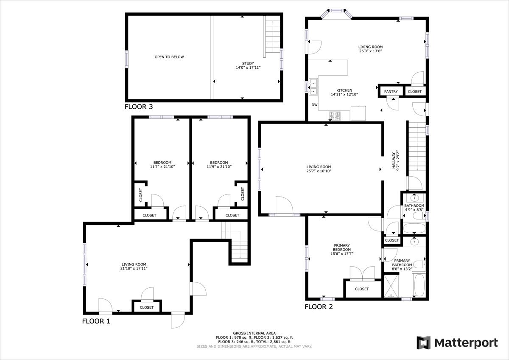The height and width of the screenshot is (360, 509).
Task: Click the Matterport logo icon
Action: [423, 343]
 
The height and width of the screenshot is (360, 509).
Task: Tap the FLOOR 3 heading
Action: [138, 107]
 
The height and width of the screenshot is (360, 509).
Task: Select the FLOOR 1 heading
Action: [96, 321]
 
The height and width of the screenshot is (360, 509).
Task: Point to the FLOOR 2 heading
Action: [319, 307]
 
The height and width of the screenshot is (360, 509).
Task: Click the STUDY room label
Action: [248, 63]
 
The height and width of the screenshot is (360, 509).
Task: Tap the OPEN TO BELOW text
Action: [169, 57]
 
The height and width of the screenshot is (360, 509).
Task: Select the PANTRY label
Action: [391, 92]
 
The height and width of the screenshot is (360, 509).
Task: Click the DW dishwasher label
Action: [314, 104]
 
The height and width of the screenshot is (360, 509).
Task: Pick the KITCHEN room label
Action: [344, 90]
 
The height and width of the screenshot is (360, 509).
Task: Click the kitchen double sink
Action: [314, 87]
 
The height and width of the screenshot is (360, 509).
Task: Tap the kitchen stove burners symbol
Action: [334, 116]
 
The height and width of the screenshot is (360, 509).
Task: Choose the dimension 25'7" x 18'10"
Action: [319, 172]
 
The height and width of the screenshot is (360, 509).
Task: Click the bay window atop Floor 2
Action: [337, 13]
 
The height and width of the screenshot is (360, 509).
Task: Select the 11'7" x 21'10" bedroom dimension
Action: [162, 167]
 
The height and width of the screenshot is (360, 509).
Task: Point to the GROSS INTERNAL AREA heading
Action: [254, 333]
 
